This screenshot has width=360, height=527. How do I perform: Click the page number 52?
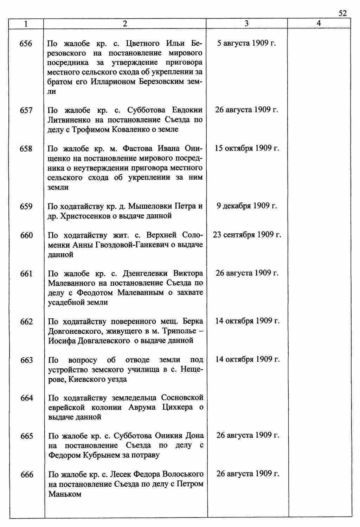coord(342,13)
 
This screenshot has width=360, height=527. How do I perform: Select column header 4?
coord(319,23)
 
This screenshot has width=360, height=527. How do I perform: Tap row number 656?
coord(26,44)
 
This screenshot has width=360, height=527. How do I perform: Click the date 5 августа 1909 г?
coord(246,43)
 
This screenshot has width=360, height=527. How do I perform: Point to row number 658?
coord(26,149)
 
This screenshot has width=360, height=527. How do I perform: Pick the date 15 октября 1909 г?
coord(247,148)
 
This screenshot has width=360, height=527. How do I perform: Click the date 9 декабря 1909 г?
coord(247,206)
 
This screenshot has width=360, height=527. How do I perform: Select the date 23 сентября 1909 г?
coord(247,234)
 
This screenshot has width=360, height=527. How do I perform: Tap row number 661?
coord(26,273)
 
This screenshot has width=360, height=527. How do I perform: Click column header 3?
coord(246,23)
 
